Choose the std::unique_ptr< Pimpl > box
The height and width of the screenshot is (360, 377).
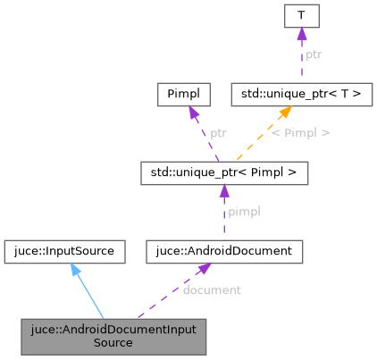pyautogui.click(x=224, y=172)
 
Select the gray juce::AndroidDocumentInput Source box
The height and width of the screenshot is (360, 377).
pyautogui.click(x=113, y=336)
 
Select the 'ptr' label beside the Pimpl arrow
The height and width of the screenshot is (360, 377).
pyautogui.click(x=218, y=133)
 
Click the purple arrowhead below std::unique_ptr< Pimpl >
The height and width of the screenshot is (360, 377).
pyautogui.click(x=224, y=190)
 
